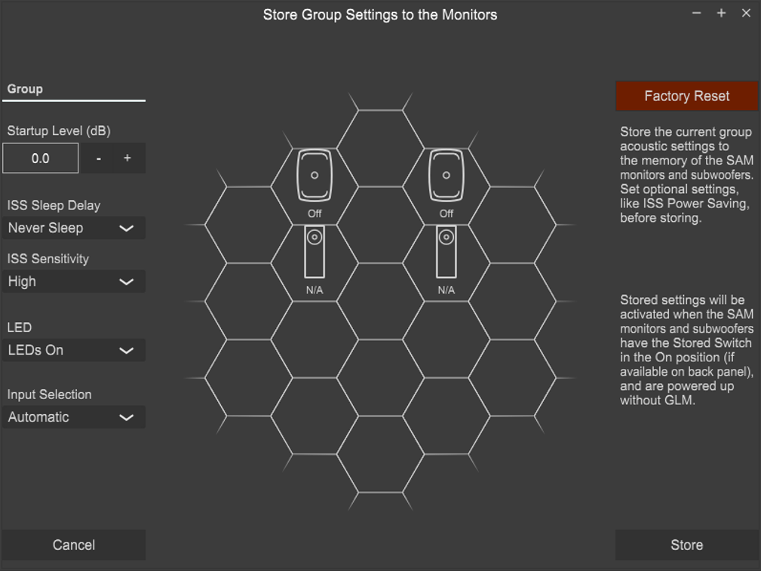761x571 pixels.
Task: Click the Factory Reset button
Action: pyautogui.click(x=687, y=96)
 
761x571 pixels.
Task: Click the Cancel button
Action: pyautogui.click(x=74, y=545)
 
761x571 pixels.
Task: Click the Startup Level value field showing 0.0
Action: pyautogui.click(x=40, y=158)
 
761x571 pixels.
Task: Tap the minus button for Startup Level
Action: pyautogui.click(x=99, y=158)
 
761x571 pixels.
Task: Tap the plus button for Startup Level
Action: pyautogui.click(x=127, y=158)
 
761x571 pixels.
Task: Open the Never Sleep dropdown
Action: pyautogui.click(x=74, y=228)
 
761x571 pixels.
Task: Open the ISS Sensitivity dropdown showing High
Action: pyautogui.click(x=74, y=281)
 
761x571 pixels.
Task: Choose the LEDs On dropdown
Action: pyautogui.click(x=74, y=350)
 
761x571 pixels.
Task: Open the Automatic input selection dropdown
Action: pyautogui.click(x=74, y=417)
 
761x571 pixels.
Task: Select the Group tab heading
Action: pyautogui.click(x=25, y=89)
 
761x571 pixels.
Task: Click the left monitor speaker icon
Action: pyautogui.click(x=315, y=175)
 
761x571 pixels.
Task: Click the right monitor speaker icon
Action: pyautogui.click(x=446, y=175)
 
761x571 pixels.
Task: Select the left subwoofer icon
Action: pyautogui.click(x=315, y=251)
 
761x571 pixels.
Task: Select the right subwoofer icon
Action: pyautogui.click(x=446, y=251)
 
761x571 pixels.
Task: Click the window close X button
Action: pyautogui.click(x=747, y=13)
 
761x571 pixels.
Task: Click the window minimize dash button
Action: pyautogui.click(x=696, y=13)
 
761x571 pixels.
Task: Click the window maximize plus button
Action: pyautogui.click(x=722, y=13)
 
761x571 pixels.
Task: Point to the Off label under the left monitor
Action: pyautogui.click(x=315, y=213)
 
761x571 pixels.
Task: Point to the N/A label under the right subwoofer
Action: pyautogui.click(x=446, y=290)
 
